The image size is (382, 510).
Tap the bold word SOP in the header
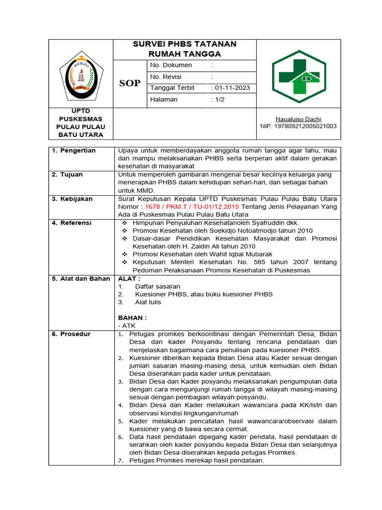coord(130,83)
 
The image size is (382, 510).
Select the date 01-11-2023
coord(232,88)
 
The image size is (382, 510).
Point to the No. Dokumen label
coord(171,65)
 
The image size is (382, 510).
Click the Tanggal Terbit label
coord(172,88)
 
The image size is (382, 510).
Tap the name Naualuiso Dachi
coord(298,119)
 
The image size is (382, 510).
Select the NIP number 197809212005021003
coord(298,126)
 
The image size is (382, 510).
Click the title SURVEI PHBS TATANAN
coord(185,44)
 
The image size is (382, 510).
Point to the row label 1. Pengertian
coord(74,150)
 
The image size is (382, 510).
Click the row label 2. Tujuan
coord(68,174)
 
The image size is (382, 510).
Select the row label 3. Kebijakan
coord(72,199)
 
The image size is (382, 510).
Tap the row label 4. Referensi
coord(72,223)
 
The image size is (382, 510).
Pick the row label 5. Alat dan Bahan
coord(81,278)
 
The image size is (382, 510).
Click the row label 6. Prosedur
coord(71,334)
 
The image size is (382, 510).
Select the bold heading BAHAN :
coord(132,317)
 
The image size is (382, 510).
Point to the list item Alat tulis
coord(148,302)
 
